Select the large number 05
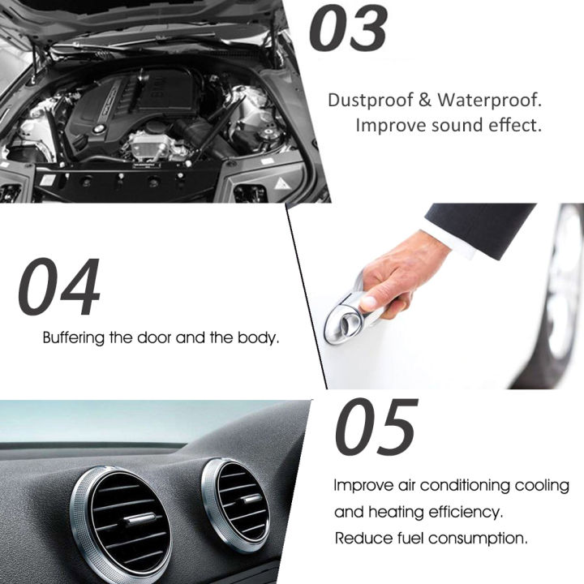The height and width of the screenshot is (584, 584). coord(376,427)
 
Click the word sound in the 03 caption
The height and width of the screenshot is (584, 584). coord(445,127)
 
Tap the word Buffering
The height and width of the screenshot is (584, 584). coord(74,337)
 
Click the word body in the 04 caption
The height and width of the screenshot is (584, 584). coord(258,337)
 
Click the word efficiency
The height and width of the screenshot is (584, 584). coord(463,512)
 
